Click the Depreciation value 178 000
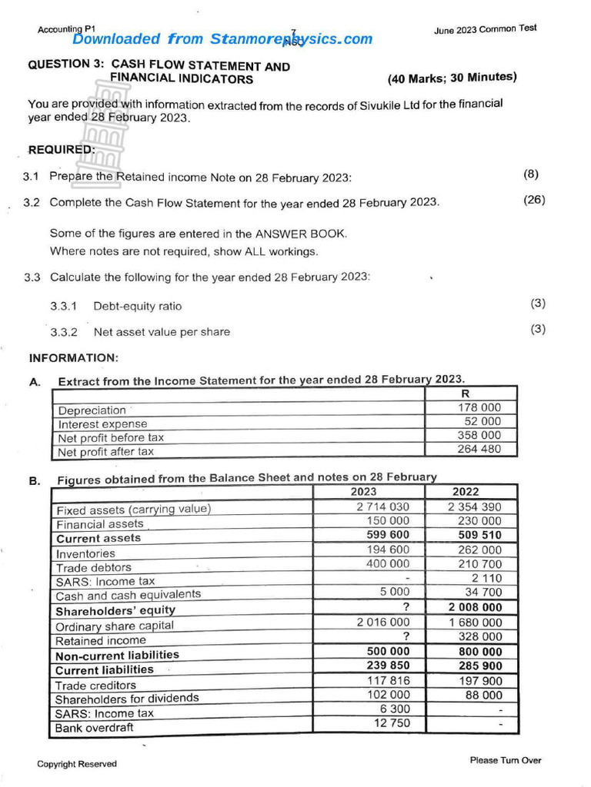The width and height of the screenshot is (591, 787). tap(479, 407)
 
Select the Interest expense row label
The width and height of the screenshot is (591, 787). tap(102, 424)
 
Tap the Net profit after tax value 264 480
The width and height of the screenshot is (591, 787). tap(479, 449)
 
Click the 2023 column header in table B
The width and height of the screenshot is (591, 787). tap(364, 492)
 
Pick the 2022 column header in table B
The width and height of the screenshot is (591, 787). tap(465, 492)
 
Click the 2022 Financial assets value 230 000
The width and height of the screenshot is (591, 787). tap(479, 520)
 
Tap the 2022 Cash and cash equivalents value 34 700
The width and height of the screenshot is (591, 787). tap(483, 592)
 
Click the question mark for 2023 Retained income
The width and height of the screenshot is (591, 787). tap(405, 636)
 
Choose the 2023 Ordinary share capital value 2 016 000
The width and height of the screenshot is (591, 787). tap(383, 622)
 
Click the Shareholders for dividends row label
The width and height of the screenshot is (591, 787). tap(126, 699)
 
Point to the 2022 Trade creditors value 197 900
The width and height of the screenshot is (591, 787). tap(479, 680)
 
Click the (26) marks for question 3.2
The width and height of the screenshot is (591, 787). tap(533, 200)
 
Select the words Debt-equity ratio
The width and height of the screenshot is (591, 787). tap(138, 306)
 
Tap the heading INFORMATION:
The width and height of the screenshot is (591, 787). tap(73, 357)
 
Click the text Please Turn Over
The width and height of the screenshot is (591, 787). tap(505, 760)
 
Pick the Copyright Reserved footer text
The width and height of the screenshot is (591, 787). tap(77, 764)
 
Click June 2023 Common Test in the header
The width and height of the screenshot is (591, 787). tap(485, 29)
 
